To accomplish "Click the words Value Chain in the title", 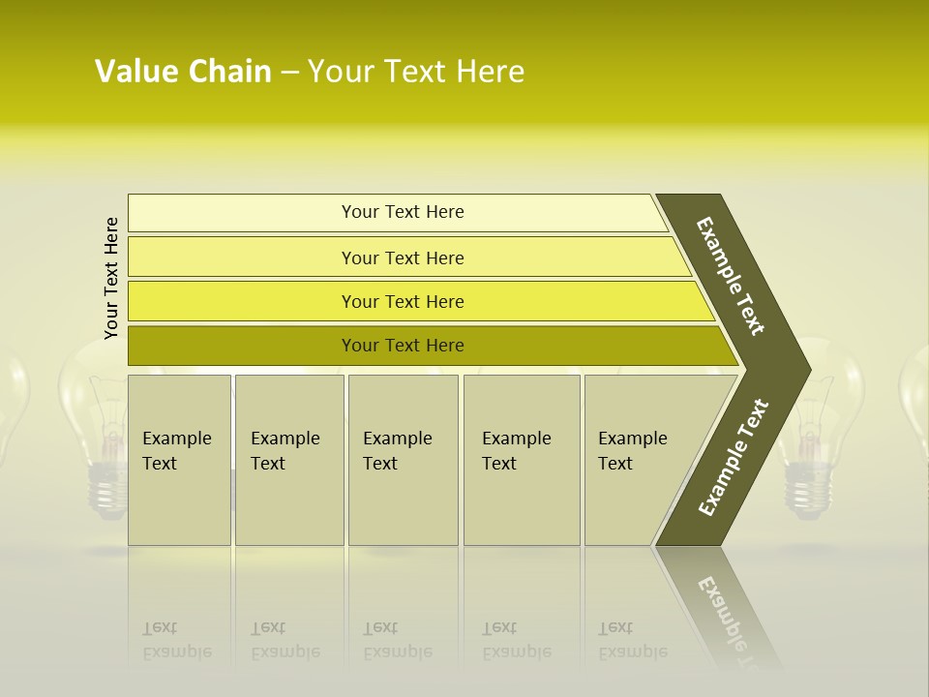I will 183,72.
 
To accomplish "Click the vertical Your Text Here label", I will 111,278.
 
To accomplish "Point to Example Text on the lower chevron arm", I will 733,457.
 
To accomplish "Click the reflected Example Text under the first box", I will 176,640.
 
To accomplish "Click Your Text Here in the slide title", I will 416,72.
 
